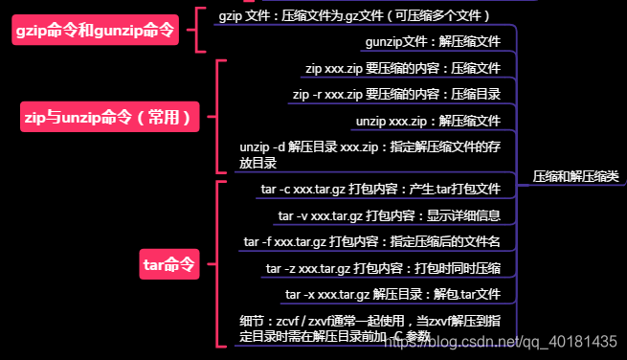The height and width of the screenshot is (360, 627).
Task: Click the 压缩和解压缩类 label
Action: [574, 178]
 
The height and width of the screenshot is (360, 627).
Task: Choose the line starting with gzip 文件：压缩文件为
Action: [354, 16]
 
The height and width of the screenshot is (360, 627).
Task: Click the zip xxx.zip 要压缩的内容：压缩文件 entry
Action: [402, 69]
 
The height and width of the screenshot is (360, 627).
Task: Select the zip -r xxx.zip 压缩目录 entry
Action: [395, 95]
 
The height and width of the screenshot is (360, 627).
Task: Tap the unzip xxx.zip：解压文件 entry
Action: [428, 122]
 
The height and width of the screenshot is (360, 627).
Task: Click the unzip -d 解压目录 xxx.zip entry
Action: [369, 155]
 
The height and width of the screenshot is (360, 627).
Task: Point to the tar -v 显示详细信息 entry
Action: [389, 216]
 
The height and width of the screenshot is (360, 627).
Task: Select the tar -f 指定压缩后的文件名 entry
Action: [372, 241]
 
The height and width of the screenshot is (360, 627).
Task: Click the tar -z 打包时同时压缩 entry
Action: [383, 268]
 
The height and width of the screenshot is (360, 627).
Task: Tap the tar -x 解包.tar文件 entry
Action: [392, 294]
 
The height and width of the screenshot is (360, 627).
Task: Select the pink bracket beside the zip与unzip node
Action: [222, 117]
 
